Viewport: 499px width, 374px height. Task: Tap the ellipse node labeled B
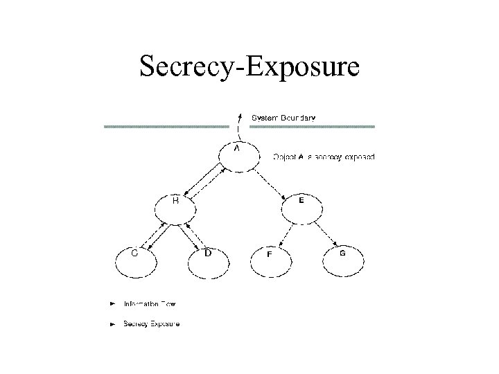tap(175, 208)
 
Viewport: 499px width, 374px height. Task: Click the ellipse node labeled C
tap(136, 260)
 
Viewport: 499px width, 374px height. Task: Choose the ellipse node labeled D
tap(207, 260)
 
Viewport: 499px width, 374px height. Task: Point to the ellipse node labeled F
tap(271, 261)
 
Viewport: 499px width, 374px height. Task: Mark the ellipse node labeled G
tap(342, 260)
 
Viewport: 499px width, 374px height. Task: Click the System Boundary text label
tap(283, 118)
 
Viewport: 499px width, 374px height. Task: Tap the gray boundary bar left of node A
tap(166, 127)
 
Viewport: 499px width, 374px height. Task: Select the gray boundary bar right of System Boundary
tap(321, 127)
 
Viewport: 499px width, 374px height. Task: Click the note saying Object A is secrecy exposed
tap(325, 157)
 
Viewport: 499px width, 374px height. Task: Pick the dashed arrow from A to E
tap(270, 181)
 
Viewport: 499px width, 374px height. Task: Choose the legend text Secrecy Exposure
tap(151, 324)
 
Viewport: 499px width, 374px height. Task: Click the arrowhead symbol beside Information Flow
tap(112, 303)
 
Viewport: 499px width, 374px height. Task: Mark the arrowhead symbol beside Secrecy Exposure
tap(112, 324)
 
